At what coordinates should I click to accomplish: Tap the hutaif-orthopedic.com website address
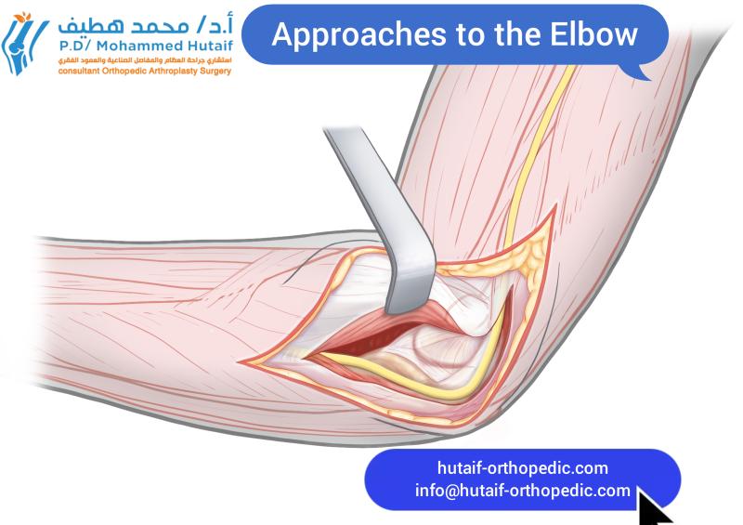pyautogui.click(x=522, y=468)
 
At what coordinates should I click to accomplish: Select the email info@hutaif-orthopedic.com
pyautogui.click(x=522, y=491)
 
